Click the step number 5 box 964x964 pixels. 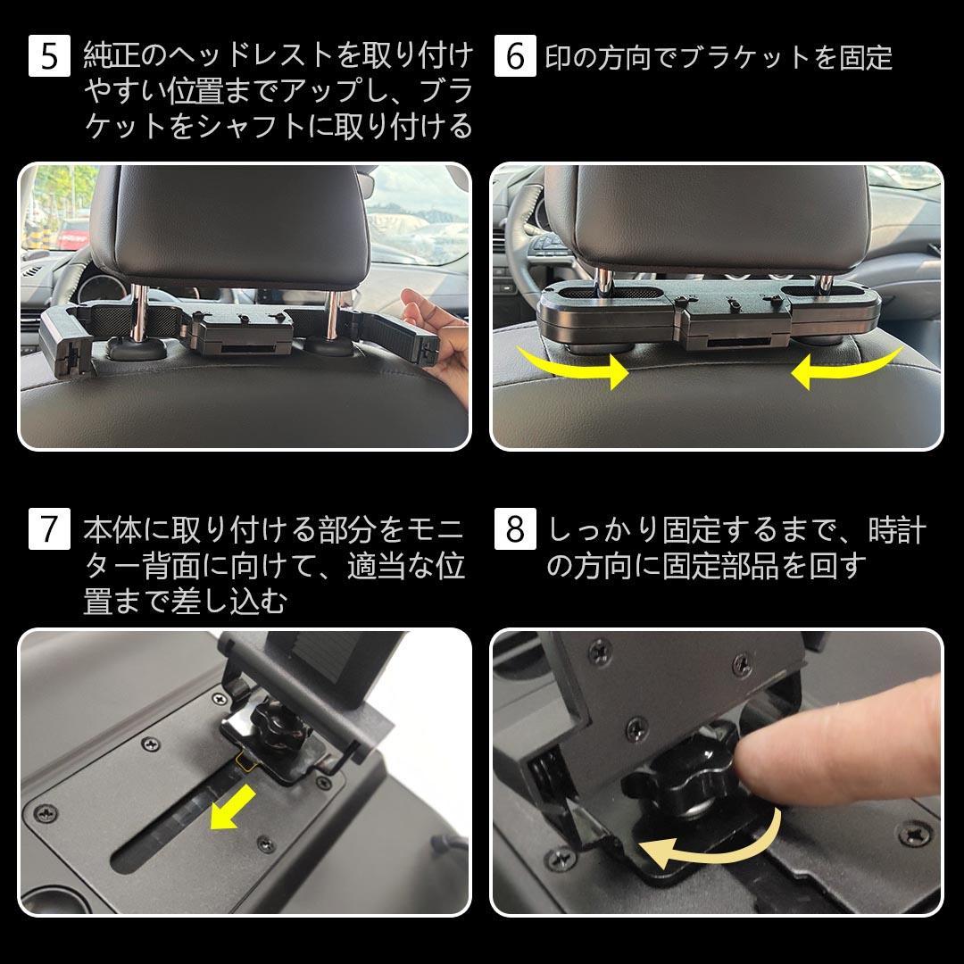tap(49, 57)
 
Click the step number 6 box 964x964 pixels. tap(514, 57)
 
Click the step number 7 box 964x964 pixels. tap(49, 529)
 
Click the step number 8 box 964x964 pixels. tap(514, 529)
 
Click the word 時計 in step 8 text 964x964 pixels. tap(897, 532)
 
